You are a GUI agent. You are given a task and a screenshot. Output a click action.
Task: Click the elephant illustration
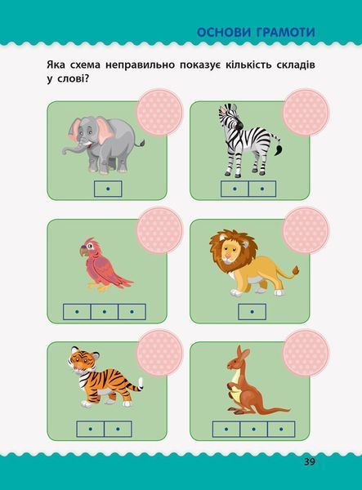(102, 145)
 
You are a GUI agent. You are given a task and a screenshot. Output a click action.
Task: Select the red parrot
(104, 265)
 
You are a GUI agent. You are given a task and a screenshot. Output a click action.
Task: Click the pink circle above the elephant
(159, 113)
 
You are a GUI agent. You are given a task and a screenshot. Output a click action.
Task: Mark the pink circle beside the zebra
(306, 113)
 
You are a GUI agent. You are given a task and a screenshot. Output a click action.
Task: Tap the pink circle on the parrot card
(159, 230)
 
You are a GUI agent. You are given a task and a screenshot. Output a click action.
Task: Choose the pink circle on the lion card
(306, 230)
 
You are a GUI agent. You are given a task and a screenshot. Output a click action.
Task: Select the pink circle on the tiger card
(159, 353)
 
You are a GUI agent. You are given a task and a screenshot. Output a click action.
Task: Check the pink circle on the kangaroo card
(306, 353)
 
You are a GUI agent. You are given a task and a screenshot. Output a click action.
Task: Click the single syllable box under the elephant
(108, 189)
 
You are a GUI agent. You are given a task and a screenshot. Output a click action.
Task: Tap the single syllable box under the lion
(252, 312)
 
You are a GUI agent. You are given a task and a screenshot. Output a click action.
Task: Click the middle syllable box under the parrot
(105, 312)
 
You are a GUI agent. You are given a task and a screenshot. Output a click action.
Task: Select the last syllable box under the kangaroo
(281, 429)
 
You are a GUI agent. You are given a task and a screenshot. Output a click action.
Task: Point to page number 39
(310, 462)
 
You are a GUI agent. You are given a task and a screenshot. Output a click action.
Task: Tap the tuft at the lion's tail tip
(295, 271)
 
